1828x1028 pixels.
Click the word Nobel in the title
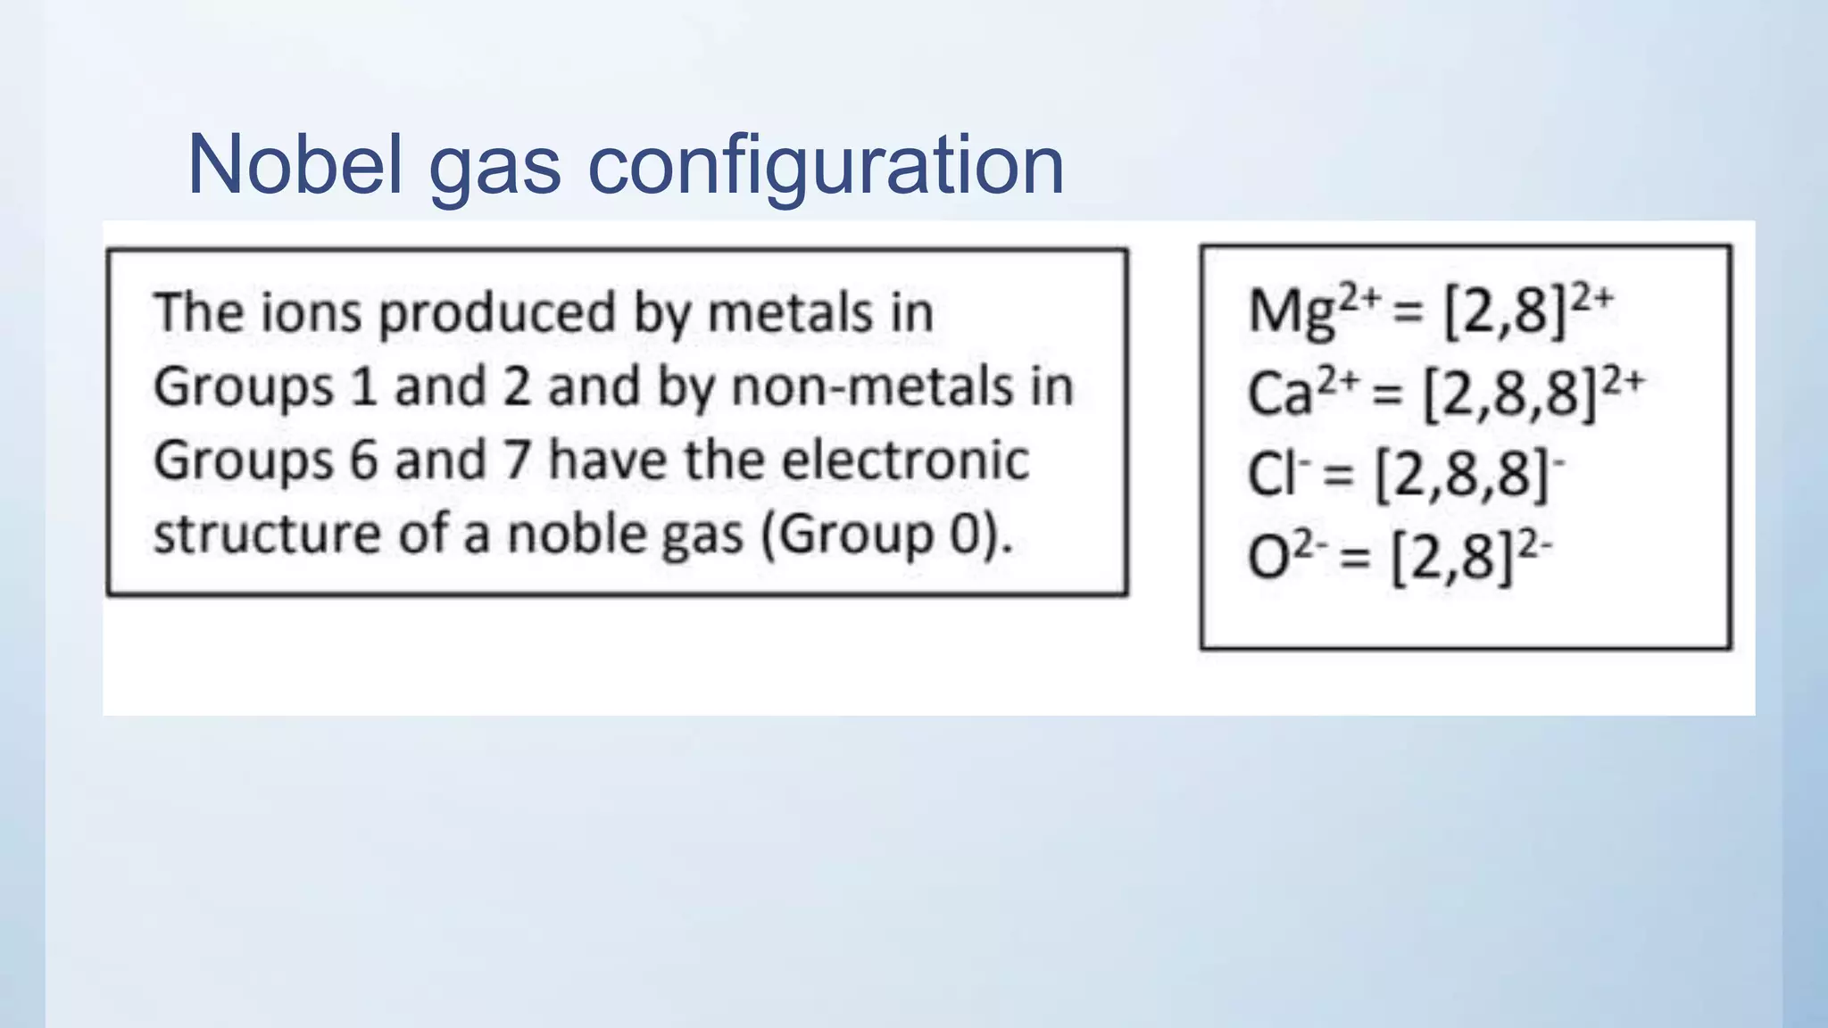[x=295, y=165]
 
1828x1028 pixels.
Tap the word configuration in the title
[x=825, y=165]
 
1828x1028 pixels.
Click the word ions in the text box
[x=313, y=313]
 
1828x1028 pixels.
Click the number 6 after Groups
[x=363, y=461]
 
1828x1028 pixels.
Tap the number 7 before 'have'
[x=516, y=461]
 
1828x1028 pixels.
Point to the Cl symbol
[x=1268, y=475]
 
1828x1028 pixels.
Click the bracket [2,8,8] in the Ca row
[x=1508, y=394]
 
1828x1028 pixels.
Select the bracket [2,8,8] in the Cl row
[x=1462, y=475]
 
